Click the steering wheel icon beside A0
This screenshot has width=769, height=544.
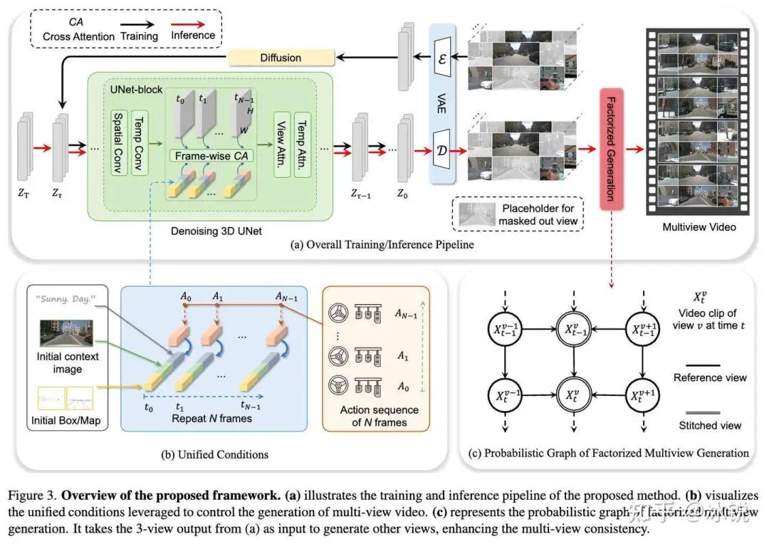coord(338,388)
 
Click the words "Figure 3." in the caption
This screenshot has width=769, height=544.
coord(29,493)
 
